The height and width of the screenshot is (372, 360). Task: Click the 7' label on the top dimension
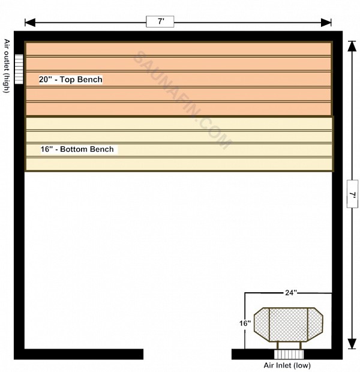pyautogui.click(x=160, y=22)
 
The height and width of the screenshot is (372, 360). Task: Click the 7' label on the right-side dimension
pyautogui.click(x=352, y=194)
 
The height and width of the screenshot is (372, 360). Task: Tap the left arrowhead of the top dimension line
pyautogui.click(x=30, y=23)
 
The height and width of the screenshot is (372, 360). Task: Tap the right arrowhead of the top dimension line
pyautogui.click(x=326, y=23)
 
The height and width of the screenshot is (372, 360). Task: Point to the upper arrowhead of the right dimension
pyautogui.click(x=352, y=46)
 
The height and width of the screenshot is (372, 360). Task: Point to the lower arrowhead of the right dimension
pyautogui.click(x=352, y=344)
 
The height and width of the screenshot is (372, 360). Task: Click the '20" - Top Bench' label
pyautogui.click(x=71, y=79)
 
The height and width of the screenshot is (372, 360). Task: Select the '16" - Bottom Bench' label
pyautogui.click(x=77, y=149)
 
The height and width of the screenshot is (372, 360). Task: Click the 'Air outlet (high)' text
pyautogui.click(x=7, y=66)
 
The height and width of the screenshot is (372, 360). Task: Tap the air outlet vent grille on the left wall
pyautogui.click(x=19, y=69)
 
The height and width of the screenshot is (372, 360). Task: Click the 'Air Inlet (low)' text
pyautogui.click(x=287, y=365)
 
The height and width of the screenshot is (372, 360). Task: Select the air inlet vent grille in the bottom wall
pyautogui.click(x=289, y=355)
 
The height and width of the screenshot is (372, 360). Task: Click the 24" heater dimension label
pyautogui.click(x=291, y=293)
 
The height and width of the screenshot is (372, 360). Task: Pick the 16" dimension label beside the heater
pyautogui.click(x=245, y=323)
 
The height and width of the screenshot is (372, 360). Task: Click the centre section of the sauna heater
pyautogui.click(x=289, y=325)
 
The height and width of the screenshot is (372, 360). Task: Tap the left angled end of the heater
pyautogui.click(x=262, y=325)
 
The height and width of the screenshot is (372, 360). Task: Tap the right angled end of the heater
pyautogui.click(x=316, y=325)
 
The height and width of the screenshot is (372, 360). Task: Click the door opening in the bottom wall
pyautogui.click(x=187, y=354)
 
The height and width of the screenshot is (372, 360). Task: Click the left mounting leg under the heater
pyautogui.click(x=277, y=346)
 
